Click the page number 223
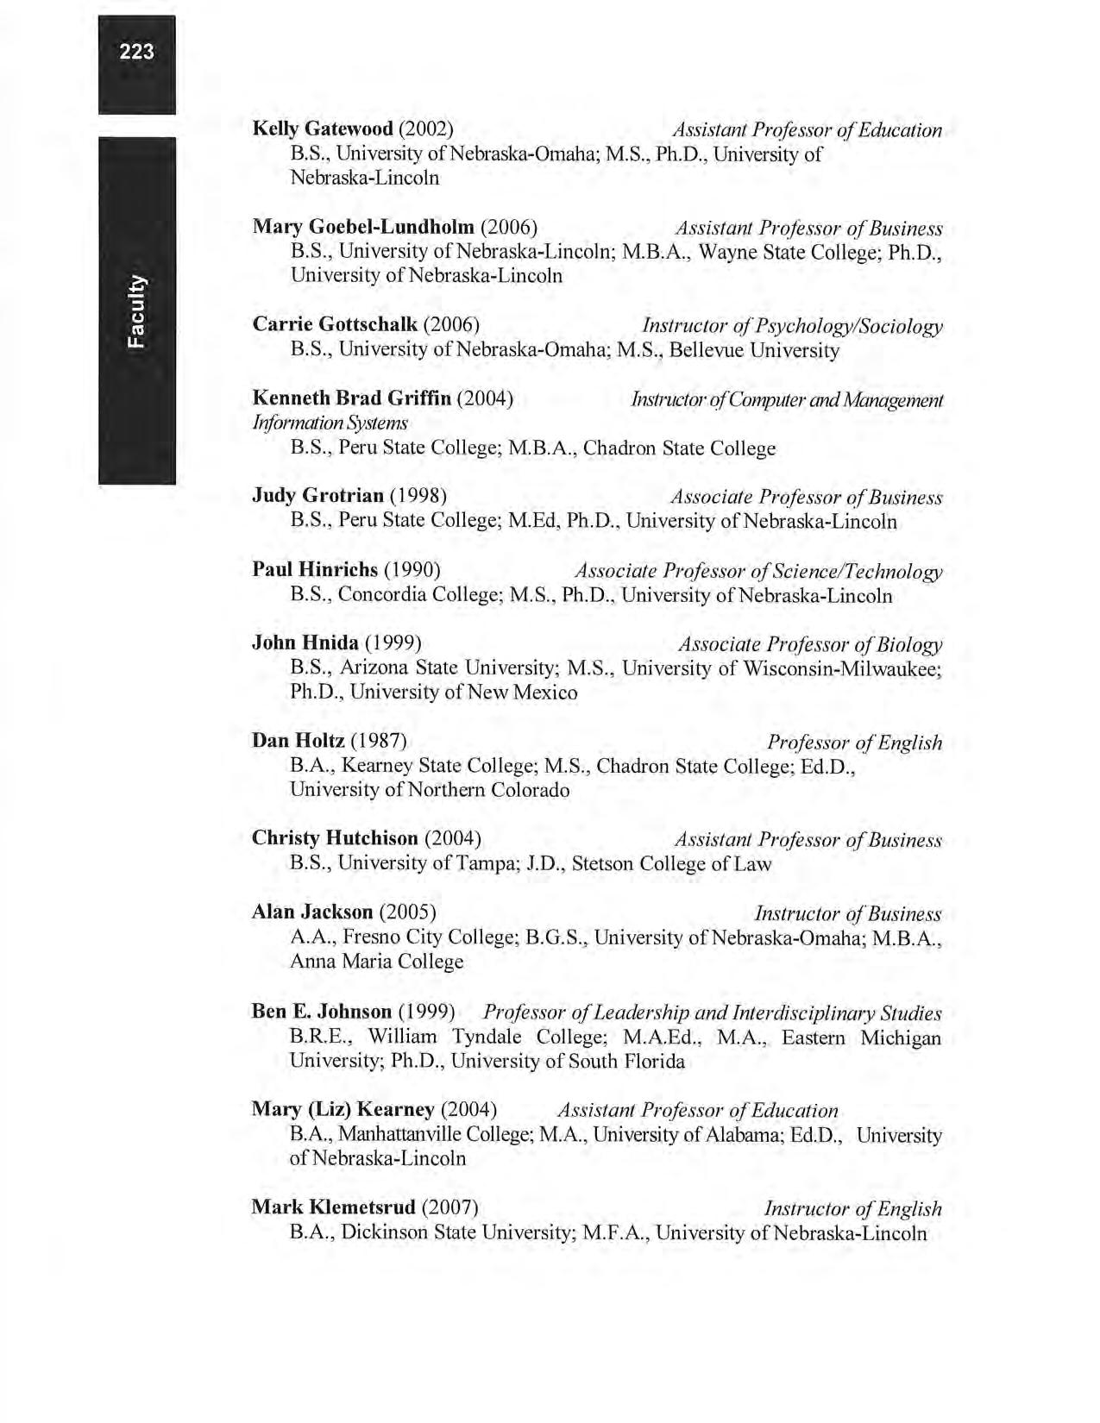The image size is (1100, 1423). click(137, 52)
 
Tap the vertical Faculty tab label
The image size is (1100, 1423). click(137, 312)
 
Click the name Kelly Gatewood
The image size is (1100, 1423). click(323, 129)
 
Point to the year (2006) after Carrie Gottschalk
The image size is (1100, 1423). click(452, 324)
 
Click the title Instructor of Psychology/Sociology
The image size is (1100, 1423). click(792, 326)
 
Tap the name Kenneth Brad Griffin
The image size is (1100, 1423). click(352, 398)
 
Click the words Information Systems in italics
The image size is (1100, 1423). click(330, 423)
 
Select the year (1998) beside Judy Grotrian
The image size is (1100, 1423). click(418, 496)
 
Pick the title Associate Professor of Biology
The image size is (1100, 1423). click(810, 645)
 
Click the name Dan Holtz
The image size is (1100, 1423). click(299, 741)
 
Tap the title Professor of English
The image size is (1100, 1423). click(854, 743)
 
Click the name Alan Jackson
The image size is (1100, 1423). click(312, 912)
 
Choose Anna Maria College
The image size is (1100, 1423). click(376, 962)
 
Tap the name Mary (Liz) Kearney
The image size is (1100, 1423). click(343, 1109)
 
